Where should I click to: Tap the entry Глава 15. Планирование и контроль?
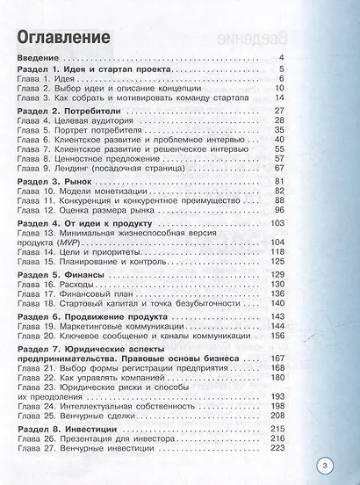click(x=97, y=261)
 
